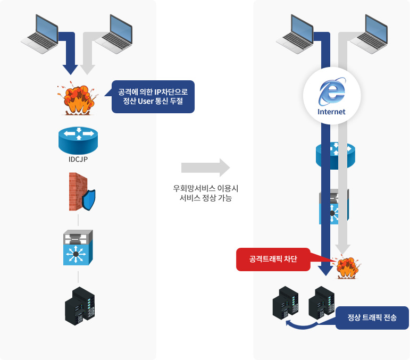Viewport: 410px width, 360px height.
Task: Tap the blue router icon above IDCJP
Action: (78, 140)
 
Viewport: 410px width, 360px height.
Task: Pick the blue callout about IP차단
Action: (153, 96)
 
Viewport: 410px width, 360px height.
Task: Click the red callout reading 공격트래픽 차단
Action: (273, 259)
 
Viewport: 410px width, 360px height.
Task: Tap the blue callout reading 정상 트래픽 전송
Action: (372, 318)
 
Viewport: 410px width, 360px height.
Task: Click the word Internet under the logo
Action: (331, 112)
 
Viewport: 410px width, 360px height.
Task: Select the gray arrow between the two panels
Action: (205, 168)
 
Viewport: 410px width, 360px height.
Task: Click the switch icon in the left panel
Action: (78, 248)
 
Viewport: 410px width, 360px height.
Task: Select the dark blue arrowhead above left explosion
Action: (70, 70)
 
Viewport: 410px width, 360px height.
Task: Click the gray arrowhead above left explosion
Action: (87, 70)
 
